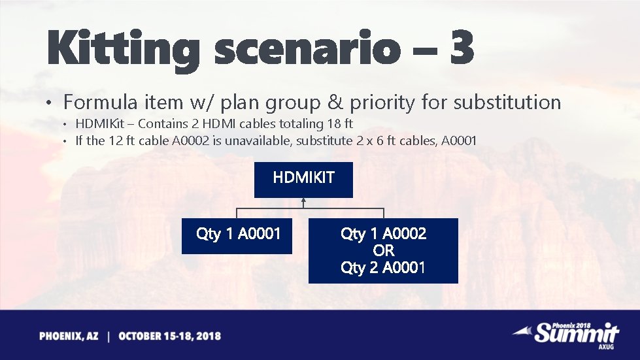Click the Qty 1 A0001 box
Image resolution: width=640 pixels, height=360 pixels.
point(237,234)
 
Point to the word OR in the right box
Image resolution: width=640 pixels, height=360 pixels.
point(383,250)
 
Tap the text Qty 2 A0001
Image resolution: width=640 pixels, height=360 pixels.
point(383,267)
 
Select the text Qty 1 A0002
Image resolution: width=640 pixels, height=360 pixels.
point(383,233)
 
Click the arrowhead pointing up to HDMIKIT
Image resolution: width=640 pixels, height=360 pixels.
point(304,202)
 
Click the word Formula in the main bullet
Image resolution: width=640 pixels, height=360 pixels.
point(100,103)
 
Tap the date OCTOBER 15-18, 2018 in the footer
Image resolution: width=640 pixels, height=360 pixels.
point(169,336)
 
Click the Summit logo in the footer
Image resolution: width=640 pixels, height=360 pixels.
point(576,334)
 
